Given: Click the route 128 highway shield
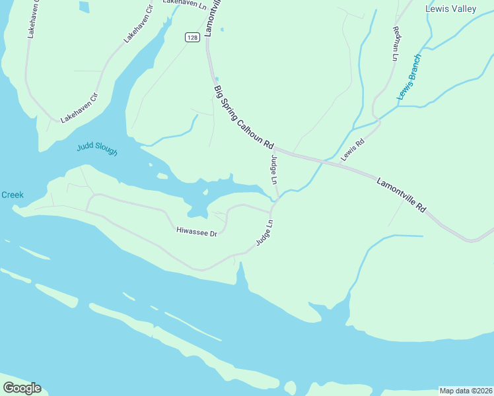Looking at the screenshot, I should (x=192, y=38).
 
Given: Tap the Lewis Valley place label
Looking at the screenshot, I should (x=450, y=9).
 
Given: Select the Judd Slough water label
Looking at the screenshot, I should (x=96, y=149).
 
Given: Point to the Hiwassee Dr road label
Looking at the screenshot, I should (x=197, y=232).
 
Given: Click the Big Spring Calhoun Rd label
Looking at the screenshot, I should (x=244, y=116).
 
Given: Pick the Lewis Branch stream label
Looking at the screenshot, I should (x=409, y=77).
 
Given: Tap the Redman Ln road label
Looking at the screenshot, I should (x=396, y=44).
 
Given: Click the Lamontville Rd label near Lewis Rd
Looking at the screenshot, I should (x=402, y=195).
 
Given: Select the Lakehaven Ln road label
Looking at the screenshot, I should (x=181, y=3).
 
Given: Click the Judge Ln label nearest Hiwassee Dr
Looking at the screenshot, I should (x=264, y=233).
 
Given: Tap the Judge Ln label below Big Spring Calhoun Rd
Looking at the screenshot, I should (x=273, y=170).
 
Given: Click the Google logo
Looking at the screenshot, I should (x=22, y=388).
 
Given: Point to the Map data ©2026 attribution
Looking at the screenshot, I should (x=466, y=391).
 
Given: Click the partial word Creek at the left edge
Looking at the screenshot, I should (x=12, y=195).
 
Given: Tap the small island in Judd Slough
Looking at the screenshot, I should (x=162, y=176).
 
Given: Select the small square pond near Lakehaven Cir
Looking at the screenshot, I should (x=84, y=7).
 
